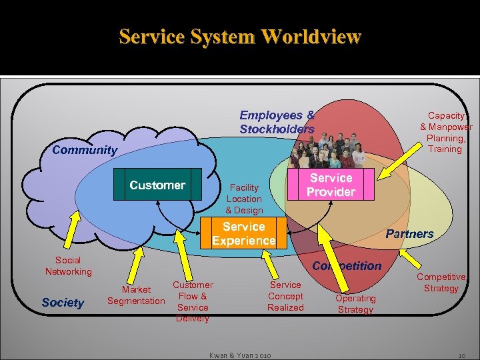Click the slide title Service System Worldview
coord(240,36)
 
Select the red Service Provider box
coord(331,185)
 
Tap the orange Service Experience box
coord(243,233)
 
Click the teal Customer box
coord(157,185)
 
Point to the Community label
coord(84,150)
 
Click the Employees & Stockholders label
coord(277,122)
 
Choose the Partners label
coord(409,234)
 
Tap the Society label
coord(63,303)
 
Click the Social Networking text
coord(68,266)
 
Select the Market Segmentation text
coord(136,295)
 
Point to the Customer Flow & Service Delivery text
coord(193,301)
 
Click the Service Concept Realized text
coord(285,296)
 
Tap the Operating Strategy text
coord(355,303)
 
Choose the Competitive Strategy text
coord(441,283)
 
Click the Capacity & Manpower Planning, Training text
coord(445,132)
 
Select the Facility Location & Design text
coord(244,199)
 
